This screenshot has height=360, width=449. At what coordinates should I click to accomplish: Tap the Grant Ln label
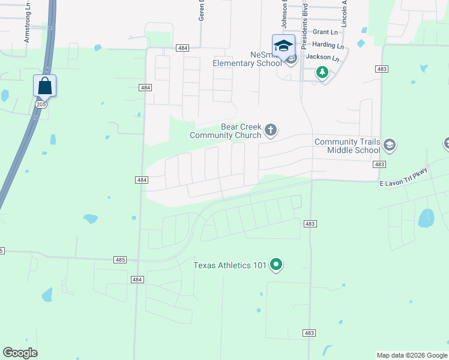pos(325,32)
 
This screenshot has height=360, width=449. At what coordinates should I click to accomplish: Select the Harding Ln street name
pos(328,45)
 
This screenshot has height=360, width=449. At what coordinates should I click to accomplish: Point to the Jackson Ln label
pos(322,58)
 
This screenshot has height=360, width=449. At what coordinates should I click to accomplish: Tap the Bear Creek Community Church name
pos(225,131)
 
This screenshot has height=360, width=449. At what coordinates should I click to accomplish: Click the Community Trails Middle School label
pos(348,146)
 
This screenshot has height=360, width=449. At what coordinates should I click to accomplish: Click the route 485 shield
pos(120,260)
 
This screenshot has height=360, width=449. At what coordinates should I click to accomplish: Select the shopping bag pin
pos(45,86)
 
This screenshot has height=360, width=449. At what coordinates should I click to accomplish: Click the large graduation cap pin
pos(283,46)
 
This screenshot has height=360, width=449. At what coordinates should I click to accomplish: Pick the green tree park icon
pos(322,73)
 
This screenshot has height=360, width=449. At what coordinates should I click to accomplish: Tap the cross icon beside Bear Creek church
pos(271,130)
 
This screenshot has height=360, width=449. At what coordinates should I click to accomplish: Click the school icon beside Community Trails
pos(390,145)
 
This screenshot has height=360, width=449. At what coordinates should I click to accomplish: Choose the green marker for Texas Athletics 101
pos(276,264)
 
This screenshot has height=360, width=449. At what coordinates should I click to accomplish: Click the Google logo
pos(20,353)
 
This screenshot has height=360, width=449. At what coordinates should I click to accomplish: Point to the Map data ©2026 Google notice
pos(412,355)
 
